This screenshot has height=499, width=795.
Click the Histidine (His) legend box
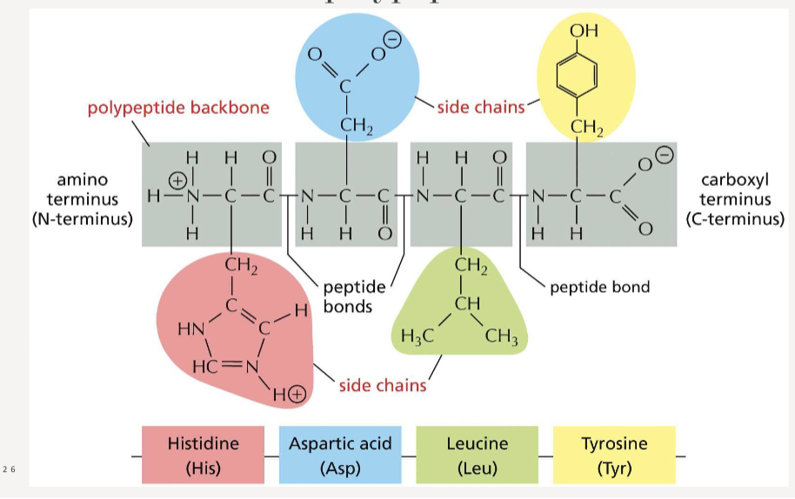(x=203, y=455)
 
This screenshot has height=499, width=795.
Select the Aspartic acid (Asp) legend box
(x=340, y=455)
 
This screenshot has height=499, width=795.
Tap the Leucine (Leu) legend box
(x=477, y=455)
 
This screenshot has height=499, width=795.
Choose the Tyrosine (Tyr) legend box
(x=614, y=455)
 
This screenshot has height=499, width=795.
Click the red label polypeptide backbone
(x=178, y=109)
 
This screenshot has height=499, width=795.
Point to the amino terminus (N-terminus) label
(x=83, y=199)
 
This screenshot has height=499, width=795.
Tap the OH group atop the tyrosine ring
(x=584, y=31)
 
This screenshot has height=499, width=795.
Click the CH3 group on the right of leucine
(x=502, y=338)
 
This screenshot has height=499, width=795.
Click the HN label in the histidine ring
(x=190, y=329)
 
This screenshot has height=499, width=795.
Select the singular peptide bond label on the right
(x=599, y=286)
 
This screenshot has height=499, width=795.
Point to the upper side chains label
(x=481, y=107)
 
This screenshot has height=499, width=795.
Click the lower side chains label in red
(x=383, y=385)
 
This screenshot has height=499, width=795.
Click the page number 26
(x=9, y=469)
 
